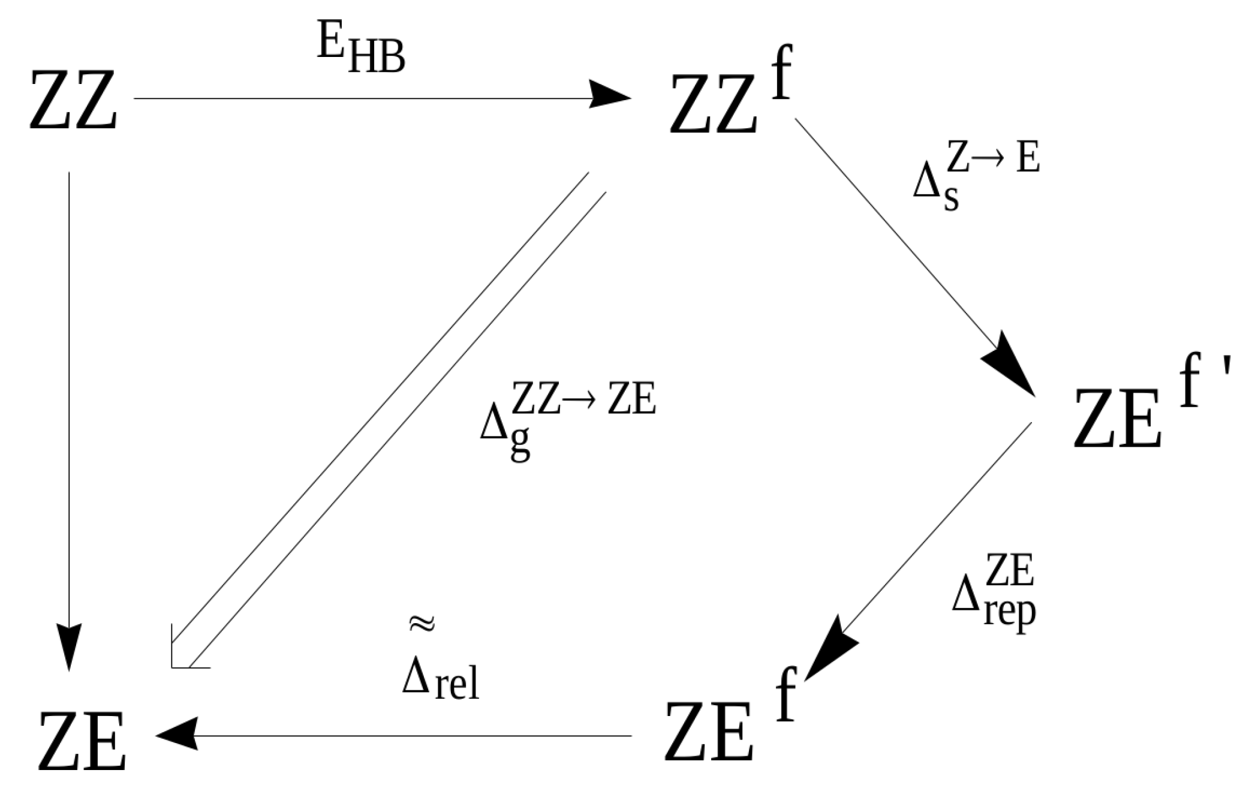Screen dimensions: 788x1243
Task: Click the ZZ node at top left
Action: click(x=73, y=101)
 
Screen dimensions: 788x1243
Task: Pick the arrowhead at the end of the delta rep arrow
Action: click(x=830, y=654)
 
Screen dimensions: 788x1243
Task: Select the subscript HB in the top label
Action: click(x=377, y=60)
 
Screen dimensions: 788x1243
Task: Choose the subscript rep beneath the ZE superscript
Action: click(x=1009, y=612)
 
